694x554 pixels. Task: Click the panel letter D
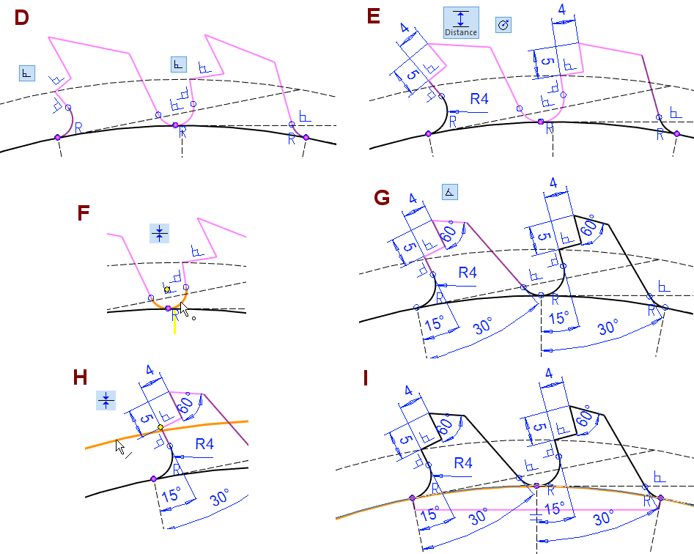coord(21,18)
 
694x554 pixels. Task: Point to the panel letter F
coord(84,214)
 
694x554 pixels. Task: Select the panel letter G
coord(381,198)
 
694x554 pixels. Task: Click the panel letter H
coord(81,378)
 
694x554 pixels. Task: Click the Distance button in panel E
coord(461,23)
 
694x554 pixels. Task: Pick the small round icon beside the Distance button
coord(503,25)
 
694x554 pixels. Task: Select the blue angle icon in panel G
coord(450,192)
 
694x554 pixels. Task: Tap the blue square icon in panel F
coord(159,234)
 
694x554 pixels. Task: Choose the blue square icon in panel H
coord(106,400)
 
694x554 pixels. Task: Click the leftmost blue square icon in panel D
coord(27,72)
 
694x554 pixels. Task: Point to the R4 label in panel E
coord(479,99)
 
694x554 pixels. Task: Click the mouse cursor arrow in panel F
coord(185,311)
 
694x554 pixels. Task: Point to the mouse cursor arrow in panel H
coord(119,445)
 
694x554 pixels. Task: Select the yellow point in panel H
coord(160,426)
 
